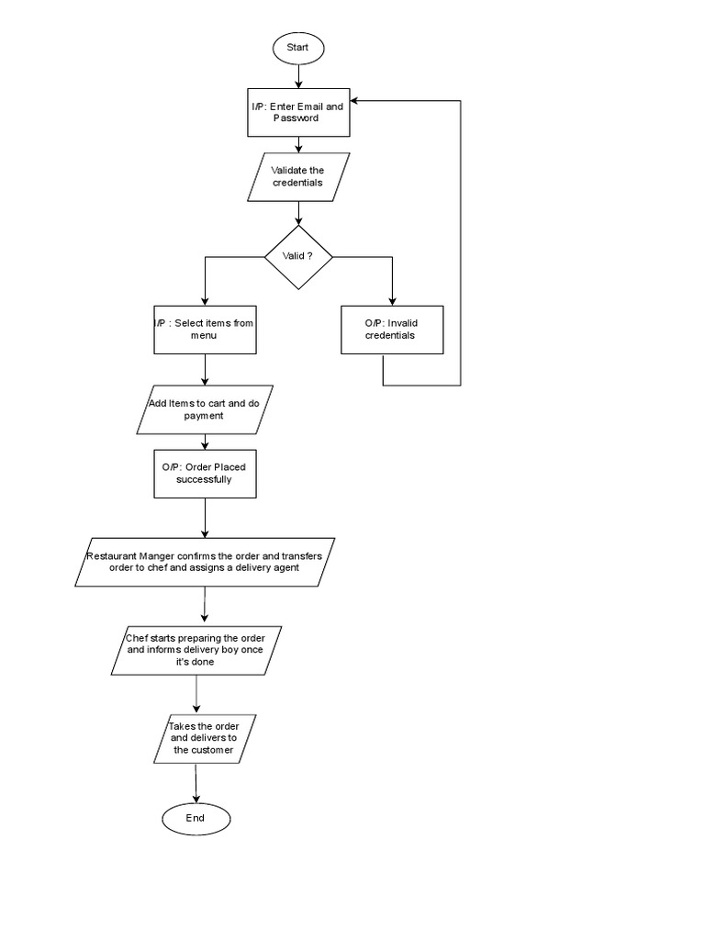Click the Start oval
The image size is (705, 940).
click(297, 47)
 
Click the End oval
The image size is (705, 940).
click(196, 818)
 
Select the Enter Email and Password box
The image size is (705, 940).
click(297, 112)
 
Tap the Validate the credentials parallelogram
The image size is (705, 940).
click(298, 176)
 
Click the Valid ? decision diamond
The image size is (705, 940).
click(298, 257)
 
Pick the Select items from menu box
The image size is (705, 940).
click(205, 330)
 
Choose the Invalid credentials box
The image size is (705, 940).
click(392, 330)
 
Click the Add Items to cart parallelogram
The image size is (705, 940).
click(205, 409)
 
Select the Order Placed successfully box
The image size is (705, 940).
click(205, 473)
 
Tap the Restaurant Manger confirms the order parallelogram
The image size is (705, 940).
click(205, 561)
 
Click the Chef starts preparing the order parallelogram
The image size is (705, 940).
click(196, 650)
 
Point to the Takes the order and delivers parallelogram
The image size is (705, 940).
click(204, 738)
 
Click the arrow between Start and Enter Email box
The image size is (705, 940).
click(297, 76)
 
